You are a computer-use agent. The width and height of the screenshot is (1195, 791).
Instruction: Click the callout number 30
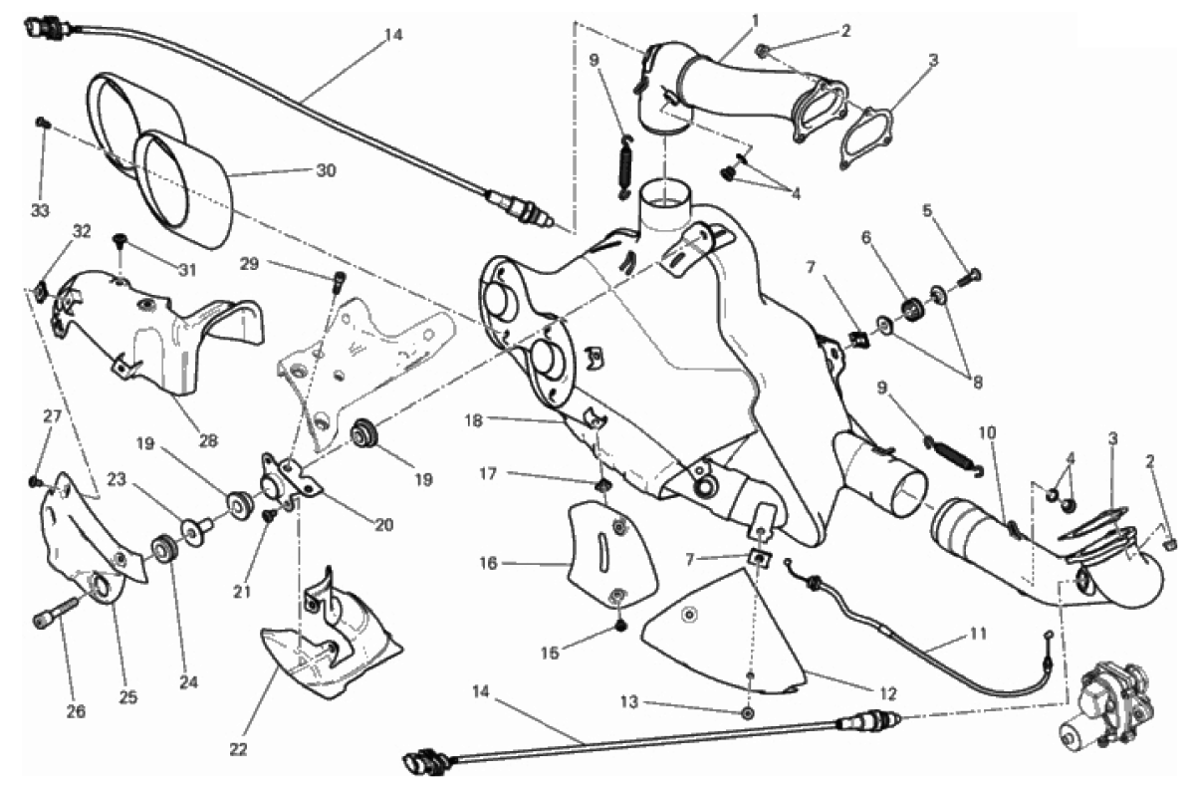click(x=326, y=170)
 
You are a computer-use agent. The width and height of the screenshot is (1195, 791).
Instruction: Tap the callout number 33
click(x=40, y=211)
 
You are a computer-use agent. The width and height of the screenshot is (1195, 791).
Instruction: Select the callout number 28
click(x=208, y=441)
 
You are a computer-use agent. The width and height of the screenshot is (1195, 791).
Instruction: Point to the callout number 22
click(x=238, y=749)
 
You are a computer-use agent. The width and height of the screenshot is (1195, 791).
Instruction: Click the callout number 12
click(x=886, y=693)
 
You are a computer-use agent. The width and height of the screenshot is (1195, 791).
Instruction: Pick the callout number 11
click(x=978, y=634)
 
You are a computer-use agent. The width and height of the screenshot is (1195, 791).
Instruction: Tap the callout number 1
click(x=755, y=20)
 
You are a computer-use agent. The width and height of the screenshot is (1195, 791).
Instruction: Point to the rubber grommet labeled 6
click(x=913, y=308)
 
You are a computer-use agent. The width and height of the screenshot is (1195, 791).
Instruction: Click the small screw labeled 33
click(x=42, y=124)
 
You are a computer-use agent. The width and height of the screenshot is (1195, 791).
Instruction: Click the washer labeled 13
click(x=748, y=713)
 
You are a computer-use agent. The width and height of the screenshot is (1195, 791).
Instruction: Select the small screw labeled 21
click(x=270, y=515)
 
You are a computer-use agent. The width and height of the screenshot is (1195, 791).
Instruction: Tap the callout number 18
click(x=474, y=420)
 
